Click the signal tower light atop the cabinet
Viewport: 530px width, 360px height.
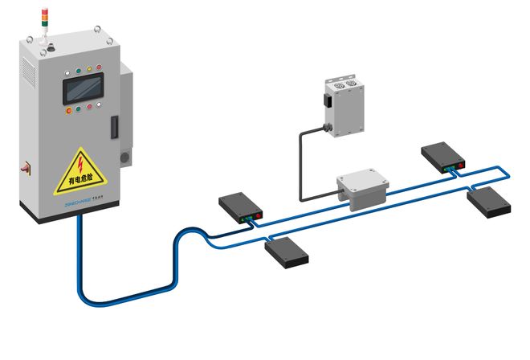(x=44, y=23)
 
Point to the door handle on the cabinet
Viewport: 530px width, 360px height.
(x=112, y=126)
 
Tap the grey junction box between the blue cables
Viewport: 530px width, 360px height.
(x=362, y=188)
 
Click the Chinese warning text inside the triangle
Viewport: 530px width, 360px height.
(x=79, y=182)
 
